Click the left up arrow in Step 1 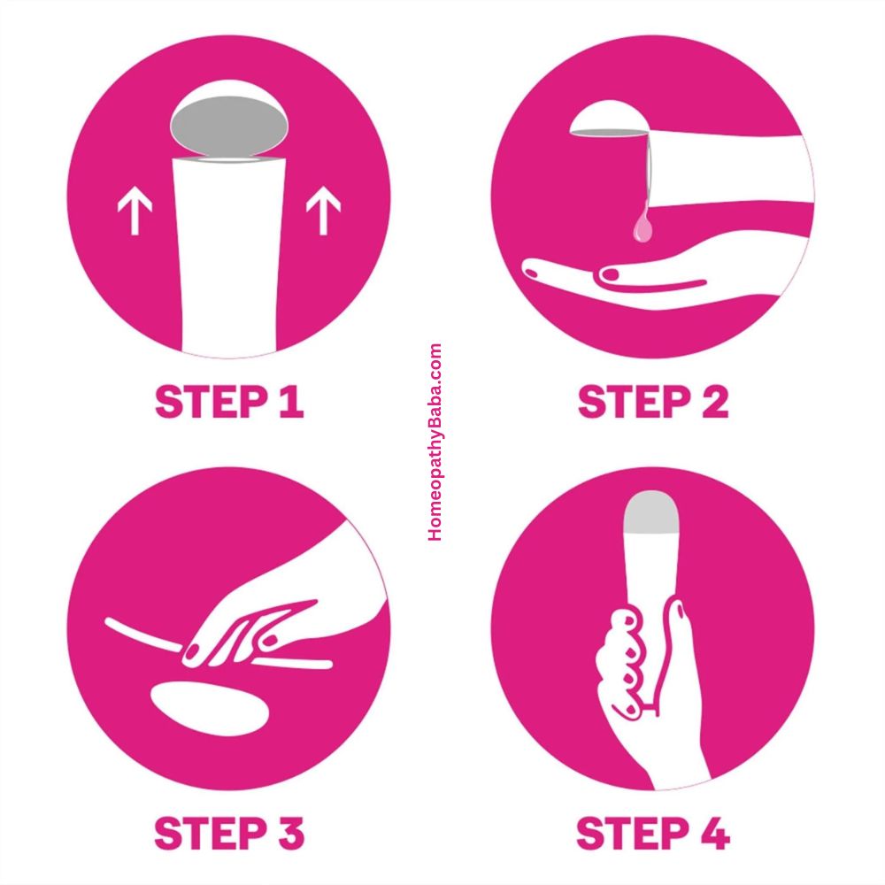(135, 212)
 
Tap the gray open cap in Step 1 (229, 124)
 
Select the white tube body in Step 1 (228, 257)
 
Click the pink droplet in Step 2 (643, 224)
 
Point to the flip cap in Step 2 (609, 118)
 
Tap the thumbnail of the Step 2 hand (610, 274)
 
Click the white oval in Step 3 (210, 708)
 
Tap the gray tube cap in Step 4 (650, 512)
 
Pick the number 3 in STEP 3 (291, 833)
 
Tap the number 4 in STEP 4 (714, 834)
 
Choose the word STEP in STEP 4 (633, 834)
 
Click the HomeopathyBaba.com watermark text (435, 442)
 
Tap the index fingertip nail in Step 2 (531, 273)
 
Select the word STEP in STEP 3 (211, 833)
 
